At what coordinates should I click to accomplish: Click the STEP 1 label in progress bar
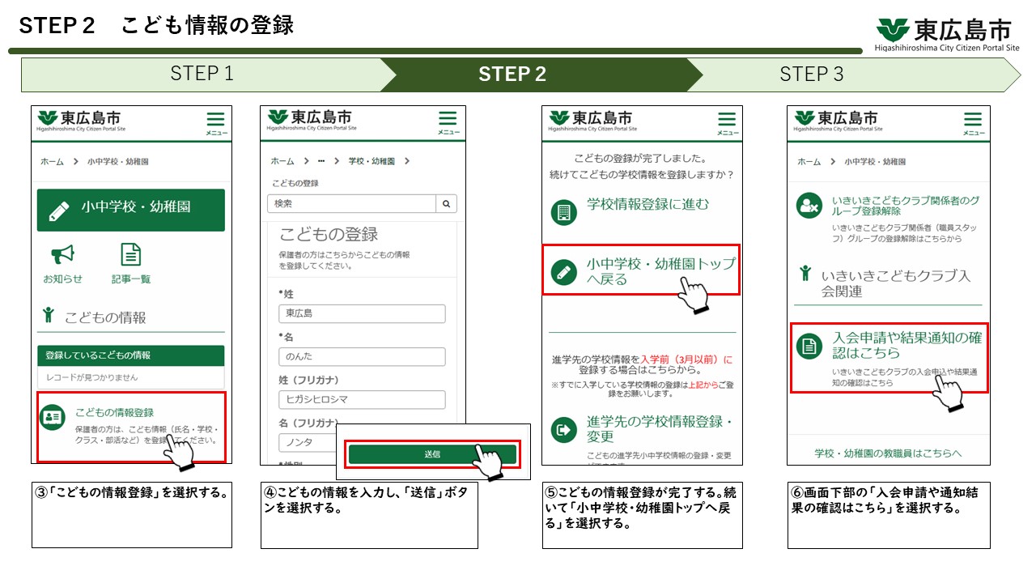pyautogui.click(x=202, y=74)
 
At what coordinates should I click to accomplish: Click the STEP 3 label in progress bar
pyautogui.click(x=811, y=74)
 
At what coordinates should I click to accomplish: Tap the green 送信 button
pyautogui.click(x=432, y=454)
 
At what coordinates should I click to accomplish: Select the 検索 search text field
pyautogui.click(x=351, y=204)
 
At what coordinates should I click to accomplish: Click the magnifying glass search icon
pyautogui.click(x=446, y=204)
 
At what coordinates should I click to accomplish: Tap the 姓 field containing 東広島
pyautogui.click(x=362, y=313)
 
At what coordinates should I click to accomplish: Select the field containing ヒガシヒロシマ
pyautogui.click(x=362, y=399)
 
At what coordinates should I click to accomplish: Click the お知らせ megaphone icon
pyautogui.click(x=62, y=256)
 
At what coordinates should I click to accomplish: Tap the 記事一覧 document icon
pyautogui.click(x=131, y=256)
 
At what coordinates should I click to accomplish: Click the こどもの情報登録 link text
pyautogui.click(x=114, y=412)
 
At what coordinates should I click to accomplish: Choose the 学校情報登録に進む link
pyautogui.click(x=647, y=205)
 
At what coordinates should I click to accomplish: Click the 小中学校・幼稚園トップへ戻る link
pyautogui.click(x=660, y=271)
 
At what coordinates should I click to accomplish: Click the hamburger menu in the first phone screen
pyautogui.click(x=216, y=121)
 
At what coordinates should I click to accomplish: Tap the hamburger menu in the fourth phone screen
pyautogui.click(x=973, y=121)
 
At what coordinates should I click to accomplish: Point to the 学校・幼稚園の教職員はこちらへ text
pyautogui.click(x=888, y=453)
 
